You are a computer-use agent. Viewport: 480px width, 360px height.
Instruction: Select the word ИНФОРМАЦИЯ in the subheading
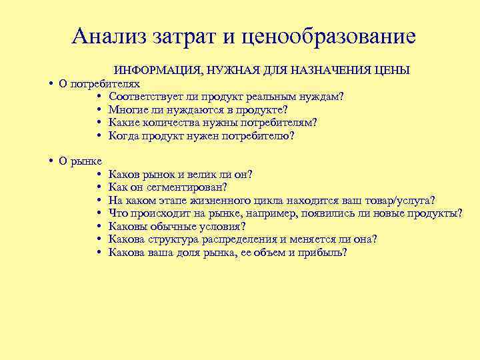click(156, 71)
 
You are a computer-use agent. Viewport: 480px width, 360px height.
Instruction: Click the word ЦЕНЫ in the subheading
click(391, 71)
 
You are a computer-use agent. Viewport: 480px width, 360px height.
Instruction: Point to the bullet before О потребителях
click(51, 84)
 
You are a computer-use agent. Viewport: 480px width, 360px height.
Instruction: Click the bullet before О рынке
click(51, 161)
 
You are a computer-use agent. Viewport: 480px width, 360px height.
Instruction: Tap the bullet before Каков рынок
click(99, 175)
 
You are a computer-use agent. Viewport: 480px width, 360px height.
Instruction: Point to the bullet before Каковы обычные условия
click(99, 227)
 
